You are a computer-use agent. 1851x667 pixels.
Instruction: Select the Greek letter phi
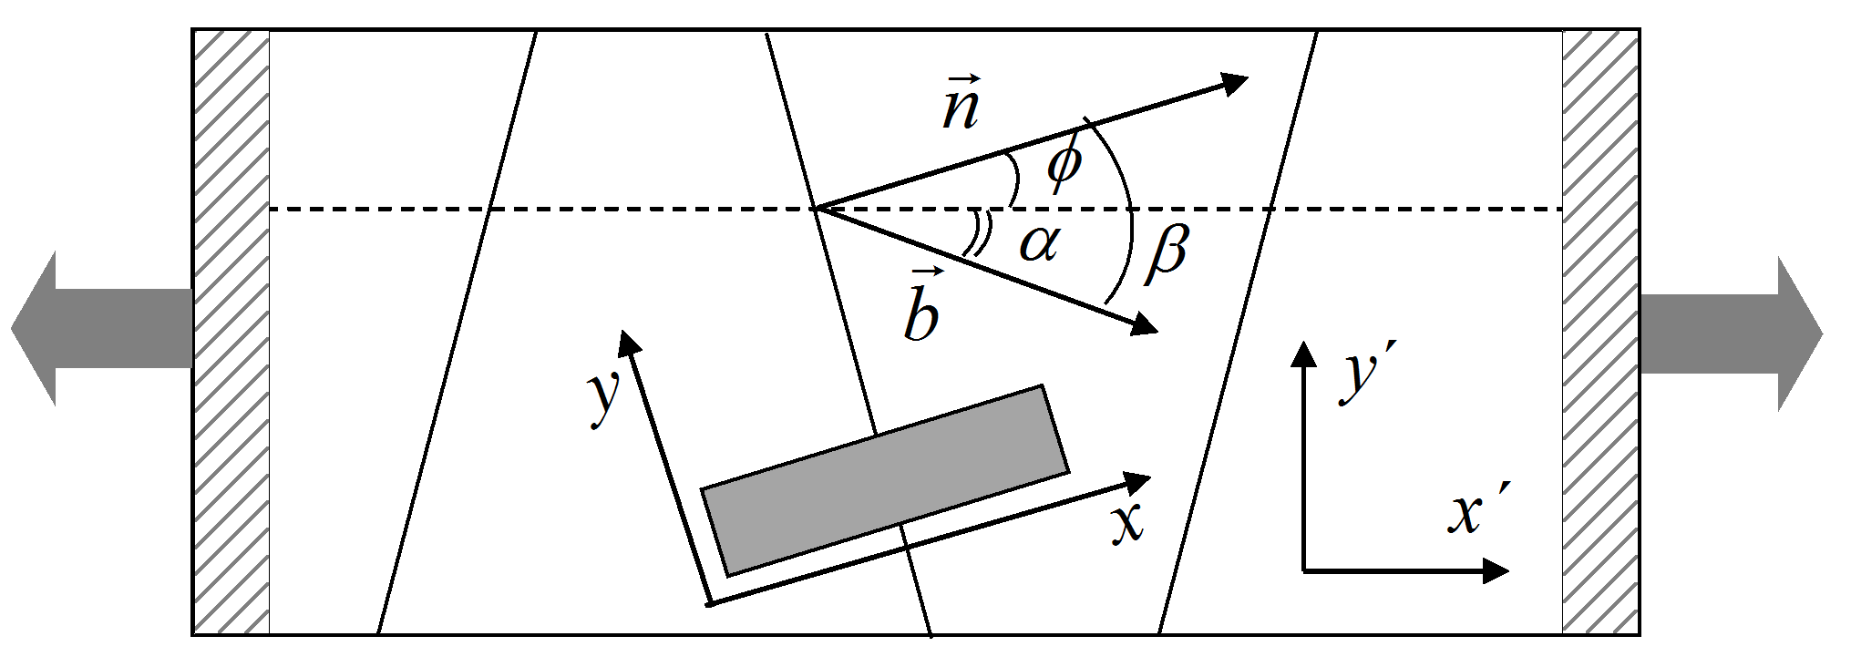click(x=1064, y=164)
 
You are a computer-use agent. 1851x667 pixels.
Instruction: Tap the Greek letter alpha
click(x=1040, y=243)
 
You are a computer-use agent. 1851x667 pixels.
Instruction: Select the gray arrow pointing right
click(x=1732, y=333)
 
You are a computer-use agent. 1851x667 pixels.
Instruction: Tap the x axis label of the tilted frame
click(x=1127, y=523)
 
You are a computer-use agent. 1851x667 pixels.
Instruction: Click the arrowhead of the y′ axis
click(x=1305, y=354)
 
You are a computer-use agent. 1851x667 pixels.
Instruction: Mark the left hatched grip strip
click(x=231, y=332)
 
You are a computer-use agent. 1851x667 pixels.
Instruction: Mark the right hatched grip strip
click(x=1600, y=332)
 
